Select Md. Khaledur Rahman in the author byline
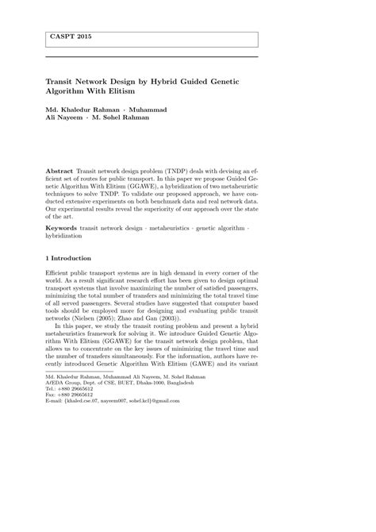coord(82,109)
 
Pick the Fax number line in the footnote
coord(69,395)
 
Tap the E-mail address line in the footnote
coord(113,401)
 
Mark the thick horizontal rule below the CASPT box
coord(152,56)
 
